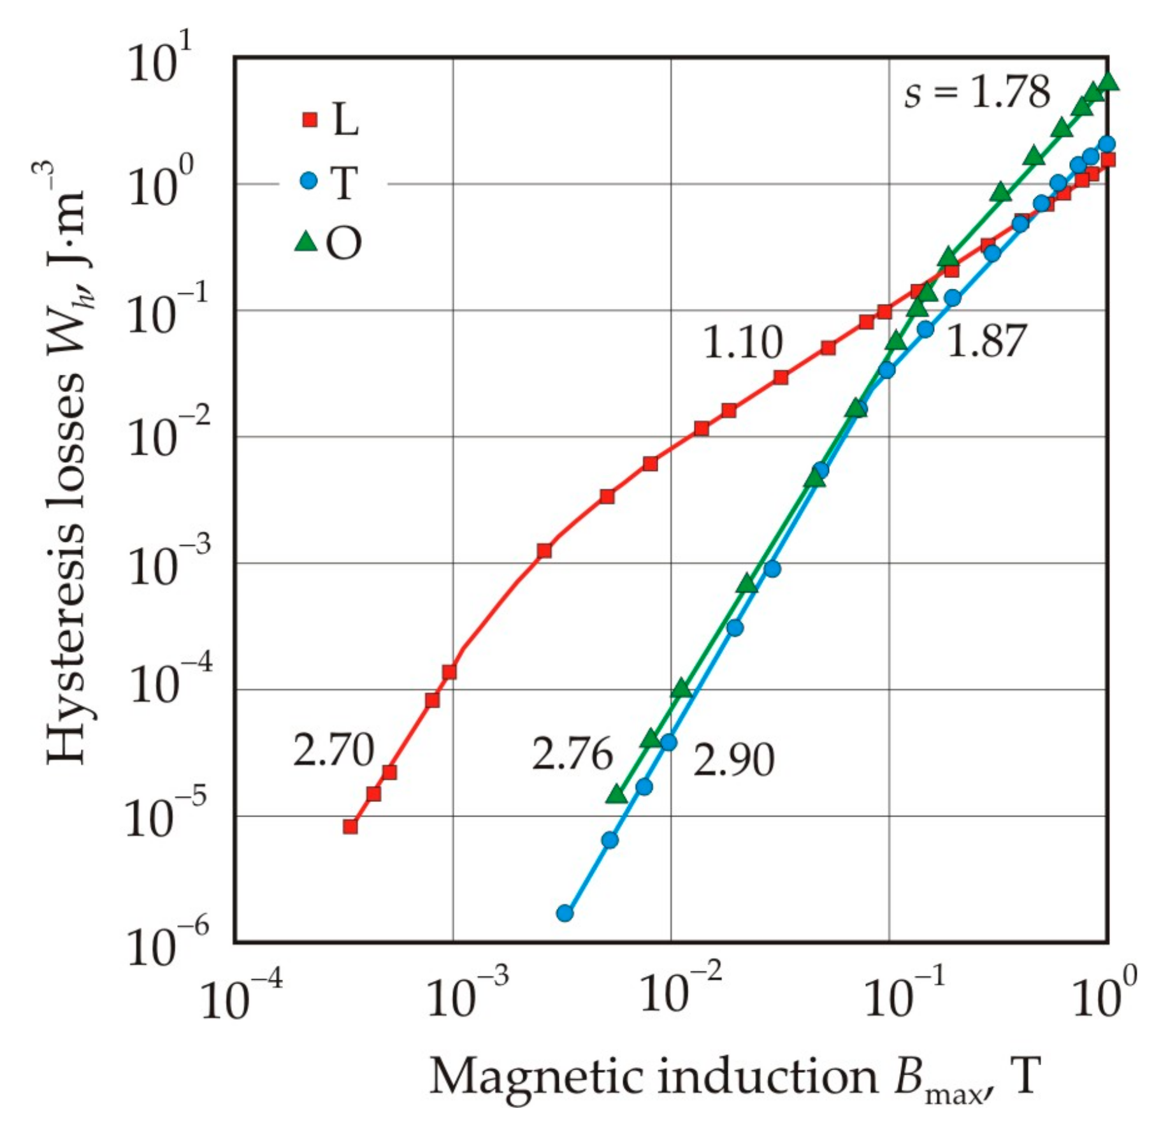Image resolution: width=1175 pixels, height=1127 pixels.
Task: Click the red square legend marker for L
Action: [x=310, y=119]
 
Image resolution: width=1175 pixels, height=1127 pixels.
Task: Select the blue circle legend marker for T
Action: [x=308, y=181]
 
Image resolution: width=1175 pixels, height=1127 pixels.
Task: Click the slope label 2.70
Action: [x=333, y=750]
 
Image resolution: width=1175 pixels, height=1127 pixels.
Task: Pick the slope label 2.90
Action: [x=733, y=760]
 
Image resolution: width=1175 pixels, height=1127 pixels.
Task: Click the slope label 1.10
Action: [x=742, y=343]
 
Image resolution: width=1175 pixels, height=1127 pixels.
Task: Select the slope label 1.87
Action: [x=986, y=341]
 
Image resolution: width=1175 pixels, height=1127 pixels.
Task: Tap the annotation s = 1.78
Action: [x=977, y=92]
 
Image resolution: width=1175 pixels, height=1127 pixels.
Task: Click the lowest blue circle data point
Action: [x=565, y=913]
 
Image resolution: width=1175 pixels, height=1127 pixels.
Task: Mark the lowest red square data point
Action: [x=350, y=827]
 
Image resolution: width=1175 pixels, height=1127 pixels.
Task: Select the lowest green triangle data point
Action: [x=617, y=794]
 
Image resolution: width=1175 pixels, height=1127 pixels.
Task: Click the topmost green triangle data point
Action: [x=1109, y=81]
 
